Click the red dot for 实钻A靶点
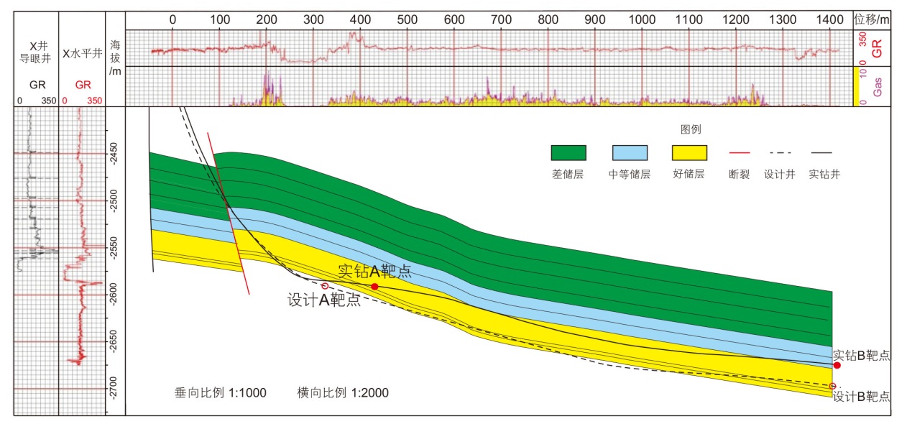click(374, 286)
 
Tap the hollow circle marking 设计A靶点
click(325, 286)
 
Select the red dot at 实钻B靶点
click(837, 365)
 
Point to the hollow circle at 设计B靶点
click(833, 387)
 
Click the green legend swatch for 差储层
click(568, 152)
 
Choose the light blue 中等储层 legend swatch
click(630, 152)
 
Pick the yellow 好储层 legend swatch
click(689, 152)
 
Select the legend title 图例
click(691, 130)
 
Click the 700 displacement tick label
click(501, 19)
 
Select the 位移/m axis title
click(872, 19)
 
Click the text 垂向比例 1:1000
click(221, 393)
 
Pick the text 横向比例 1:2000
click(344, 393)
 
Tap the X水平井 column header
click(83, 52)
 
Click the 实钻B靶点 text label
click(862, 355)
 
